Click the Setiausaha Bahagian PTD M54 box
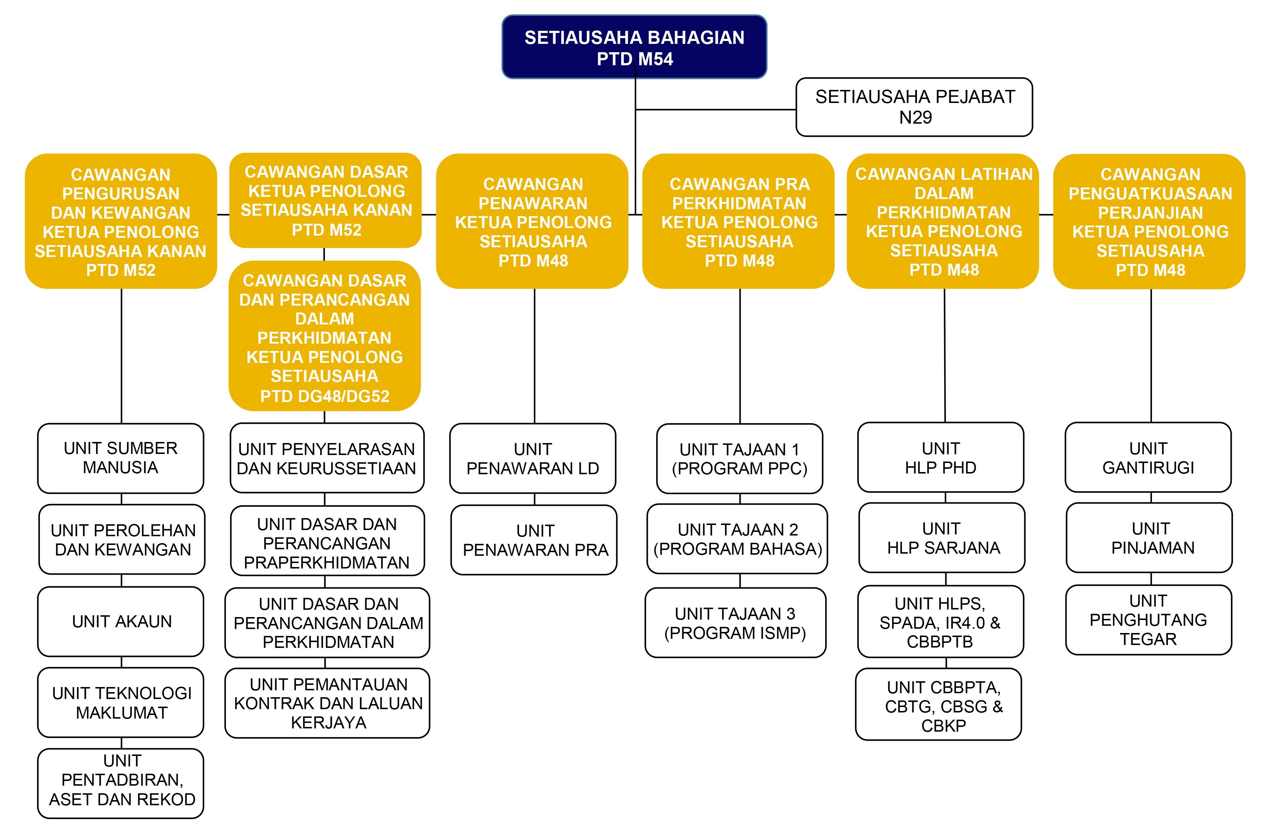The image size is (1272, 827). pos(634,47)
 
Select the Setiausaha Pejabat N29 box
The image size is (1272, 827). pos(914,107)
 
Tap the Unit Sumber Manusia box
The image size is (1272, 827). pos(120,458)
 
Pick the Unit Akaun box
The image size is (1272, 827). pos(121,621)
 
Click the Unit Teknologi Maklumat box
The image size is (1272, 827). pos(121,703)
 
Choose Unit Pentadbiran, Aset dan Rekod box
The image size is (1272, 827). pos(121,783)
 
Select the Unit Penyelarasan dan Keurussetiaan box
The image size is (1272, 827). pos(326,458)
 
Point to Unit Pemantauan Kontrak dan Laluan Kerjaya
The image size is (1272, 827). pos(327,703)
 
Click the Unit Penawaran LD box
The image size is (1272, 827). pos(532,458)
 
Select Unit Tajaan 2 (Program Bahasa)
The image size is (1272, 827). pos(737,538)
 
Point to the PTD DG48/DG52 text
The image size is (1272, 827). pos(324,396)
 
